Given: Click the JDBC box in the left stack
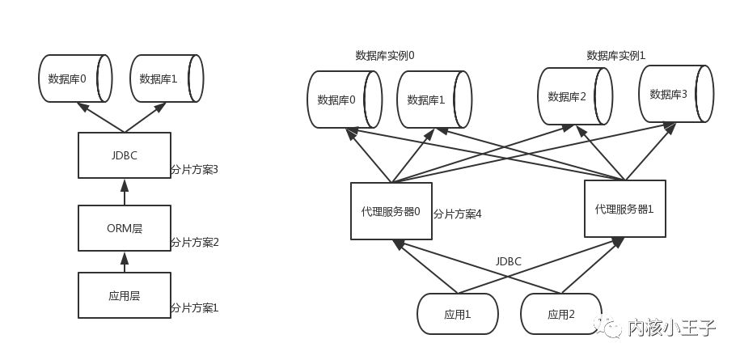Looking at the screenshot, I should pyautogui.click(x=125, y=155).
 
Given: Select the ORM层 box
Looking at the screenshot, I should pyautogui.click(x=125, y=227).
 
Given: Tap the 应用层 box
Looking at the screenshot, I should pyautogui.click(x=125, y=295).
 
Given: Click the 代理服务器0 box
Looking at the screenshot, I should pyautogui.click(x=391, y=211).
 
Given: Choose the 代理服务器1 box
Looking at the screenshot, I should pyautogui.click(x=624, y=208).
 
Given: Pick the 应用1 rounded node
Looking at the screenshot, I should pyautogui.click(x=458, y=314).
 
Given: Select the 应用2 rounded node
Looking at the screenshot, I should pyautogui.click(x=561, y=314).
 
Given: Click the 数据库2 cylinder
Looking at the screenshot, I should pyautogui.click(x=575, y=96).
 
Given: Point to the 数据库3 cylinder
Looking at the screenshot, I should pyautogui.click(x=675, y=94).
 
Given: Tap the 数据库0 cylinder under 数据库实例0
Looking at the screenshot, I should pyautogui.click(x=344, y=100).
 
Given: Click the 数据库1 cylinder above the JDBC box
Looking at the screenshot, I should pyautogui.click(x=166, y=78).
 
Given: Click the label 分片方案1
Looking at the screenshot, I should pyautogui.click(x=195, y=308).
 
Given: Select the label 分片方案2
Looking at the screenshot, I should pyautogui.click(x=195, y=242).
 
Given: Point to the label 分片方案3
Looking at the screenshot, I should pyautogui.click(x=195, y=170).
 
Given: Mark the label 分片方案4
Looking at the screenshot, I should pyautogui.click(x=458, y=214).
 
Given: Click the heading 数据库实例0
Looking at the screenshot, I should pyautogui.click(x=385, y=56).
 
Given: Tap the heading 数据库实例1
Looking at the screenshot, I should pyautogui.click(x=616, y=56).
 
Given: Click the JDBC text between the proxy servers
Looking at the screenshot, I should pyautogui.click(x=509, y=261).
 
